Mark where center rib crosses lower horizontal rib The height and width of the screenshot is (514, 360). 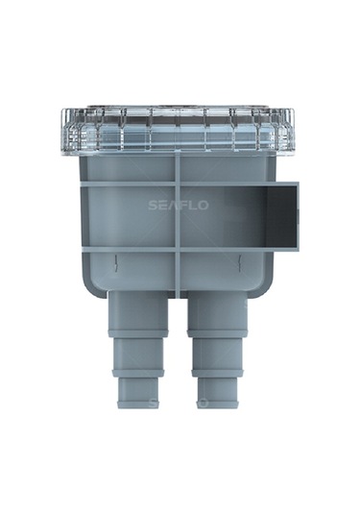(x=178, y=249)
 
